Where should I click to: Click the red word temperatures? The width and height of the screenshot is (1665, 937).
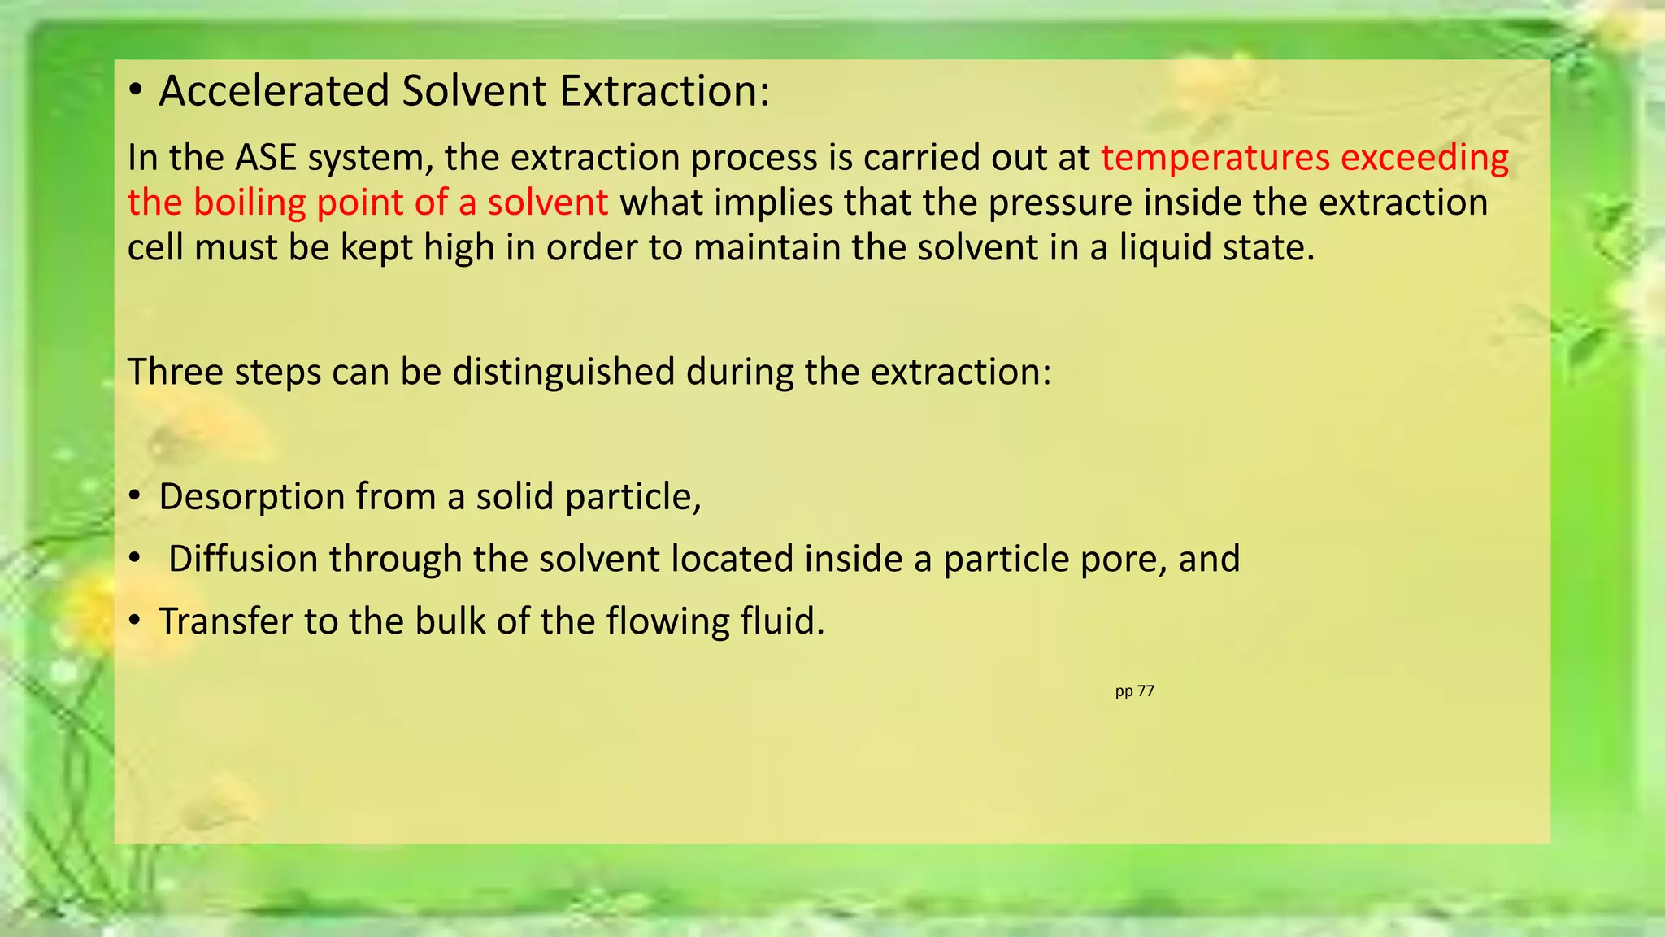click(1215, 158)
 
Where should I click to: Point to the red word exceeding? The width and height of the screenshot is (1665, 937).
click(1424, 158)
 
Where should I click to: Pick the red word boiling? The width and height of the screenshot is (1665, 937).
click(249, 203)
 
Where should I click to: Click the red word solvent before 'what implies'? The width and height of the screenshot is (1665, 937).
click(547, 203)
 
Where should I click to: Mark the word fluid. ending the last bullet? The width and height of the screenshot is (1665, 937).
click(782, 621)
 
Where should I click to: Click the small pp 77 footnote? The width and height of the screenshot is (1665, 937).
click(1134, 691)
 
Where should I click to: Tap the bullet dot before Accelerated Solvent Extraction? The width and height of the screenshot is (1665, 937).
click(136, 91)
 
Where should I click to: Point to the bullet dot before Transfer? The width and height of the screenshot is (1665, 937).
click(136, 621)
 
